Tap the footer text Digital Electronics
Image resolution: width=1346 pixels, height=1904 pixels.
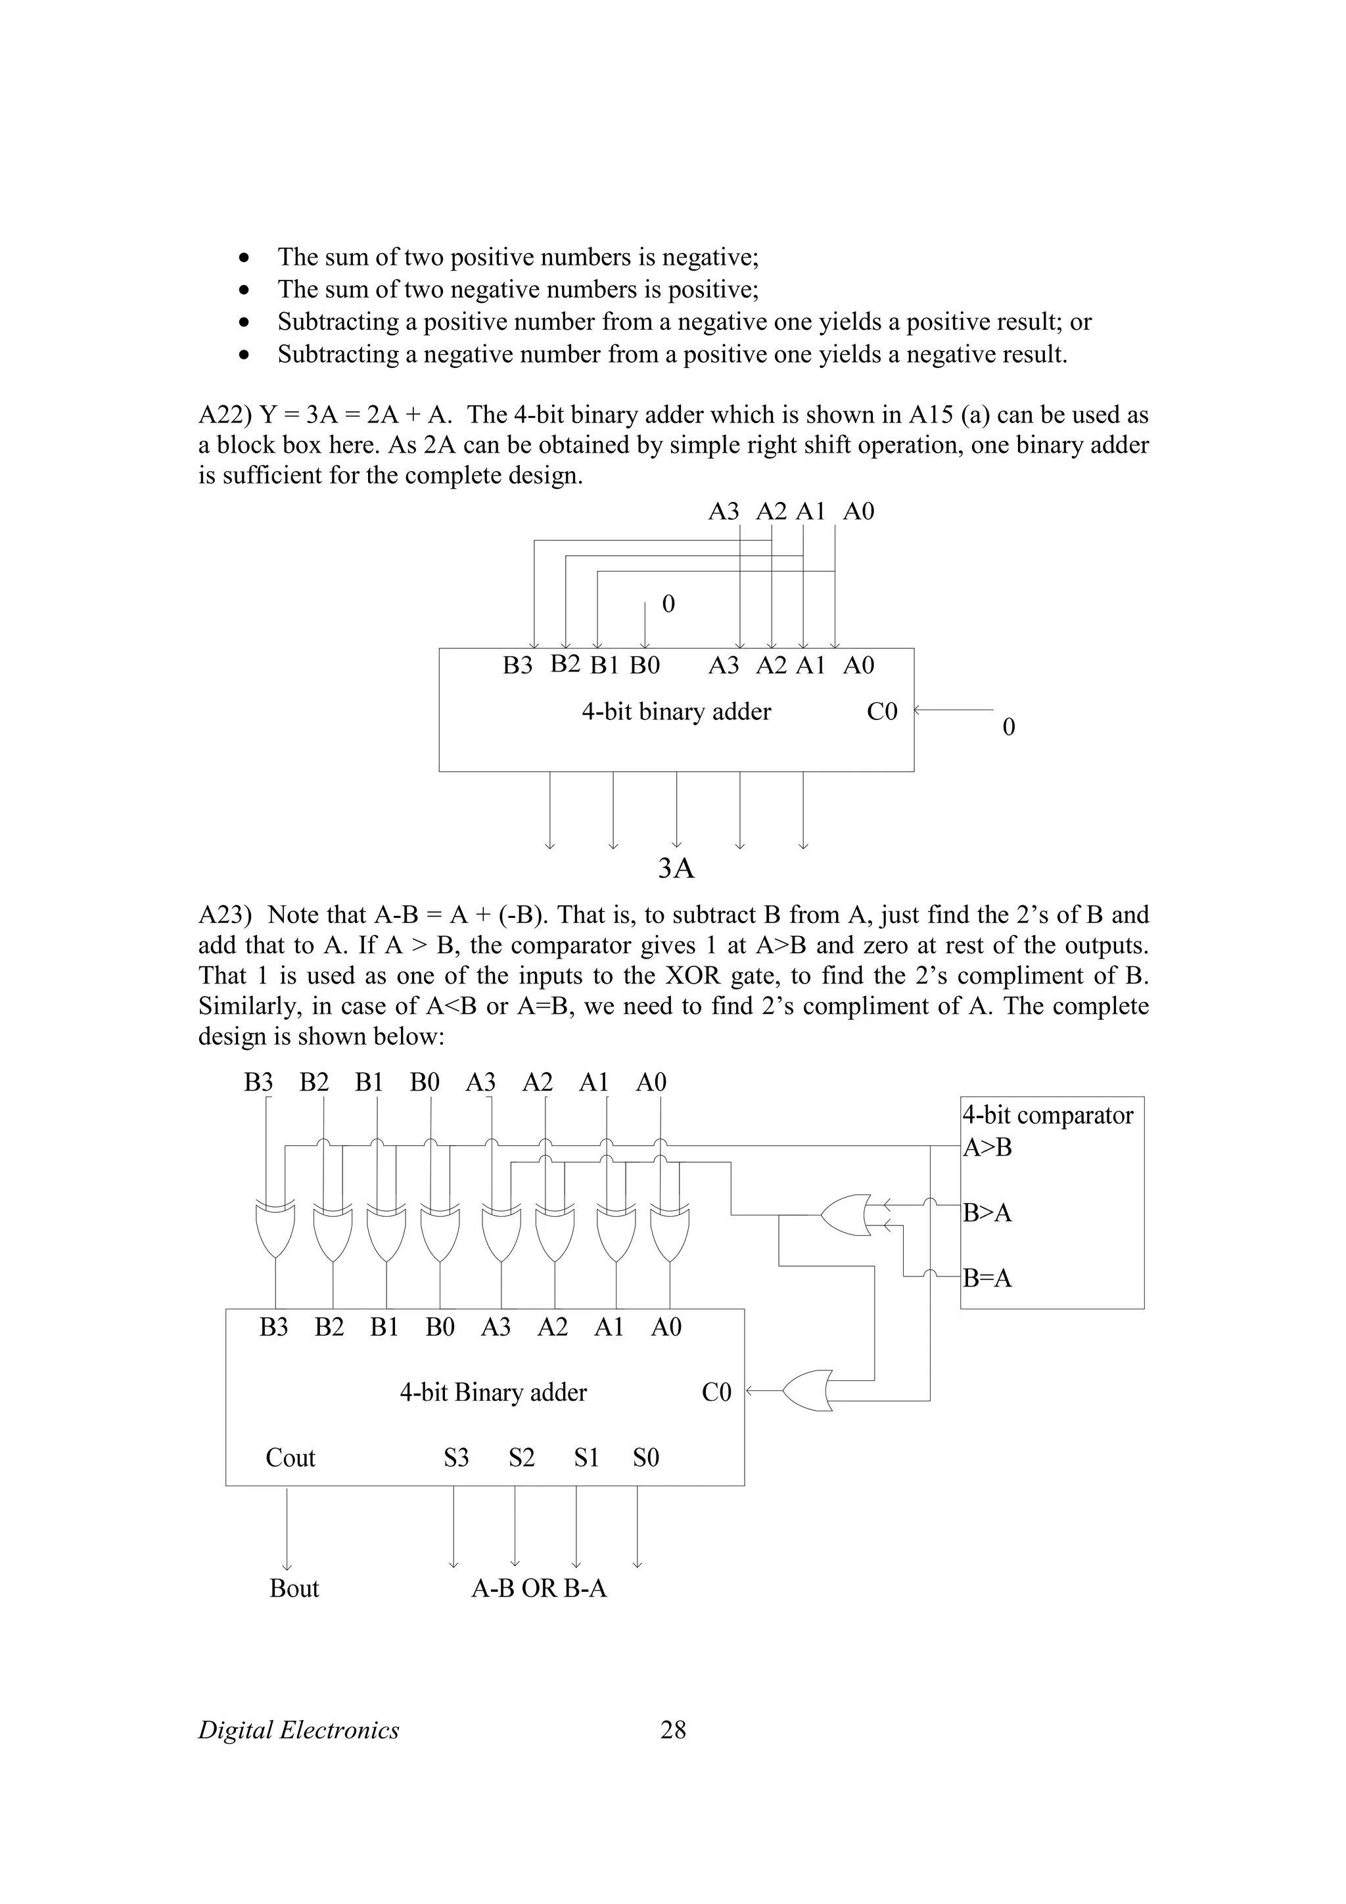[x=298, y=1730]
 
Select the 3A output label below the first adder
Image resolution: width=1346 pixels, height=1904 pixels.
[x=675, y=869]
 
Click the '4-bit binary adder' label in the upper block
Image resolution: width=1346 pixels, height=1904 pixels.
[x=676, y=712]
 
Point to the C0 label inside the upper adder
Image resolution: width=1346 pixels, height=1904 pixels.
[x=881, y=712]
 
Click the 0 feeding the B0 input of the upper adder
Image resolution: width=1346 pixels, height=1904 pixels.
[x=668, y=604]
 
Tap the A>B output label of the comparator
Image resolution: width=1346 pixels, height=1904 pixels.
[x=987, y=1148]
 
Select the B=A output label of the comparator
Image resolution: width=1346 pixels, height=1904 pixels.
[x=987, y=1278]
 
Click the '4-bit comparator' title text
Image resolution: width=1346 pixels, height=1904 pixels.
[x=1048, y=1116]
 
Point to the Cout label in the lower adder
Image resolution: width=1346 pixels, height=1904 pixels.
[x=290, y=1457]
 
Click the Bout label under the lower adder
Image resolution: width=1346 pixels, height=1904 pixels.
[x=294, y=1588]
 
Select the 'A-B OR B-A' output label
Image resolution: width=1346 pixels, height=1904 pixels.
[x=539, y=1588]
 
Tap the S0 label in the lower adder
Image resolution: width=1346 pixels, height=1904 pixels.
[x=645, y=1457]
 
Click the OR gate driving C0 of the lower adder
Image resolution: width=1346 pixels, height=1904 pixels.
[x=808, y=1391]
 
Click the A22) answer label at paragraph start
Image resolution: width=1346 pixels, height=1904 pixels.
[x=225, y=415]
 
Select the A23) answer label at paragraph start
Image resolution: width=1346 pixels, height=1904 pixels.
[x=225, y=915]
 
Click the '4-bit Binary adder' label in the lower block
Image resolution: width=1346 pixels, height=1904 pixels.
[x=493, y=1392]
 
